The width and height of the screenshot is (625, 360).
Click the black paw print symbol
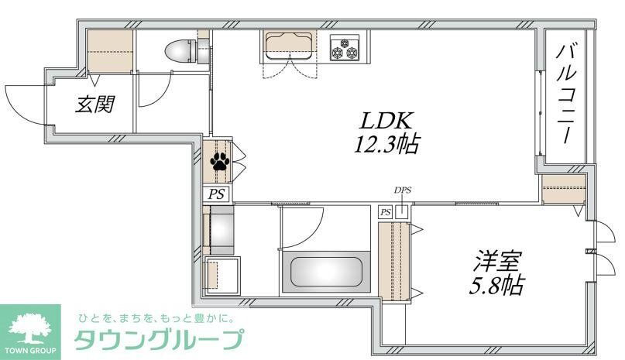coord(220,162)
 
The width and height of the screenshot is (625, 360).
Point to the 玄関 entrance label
coord(94,104)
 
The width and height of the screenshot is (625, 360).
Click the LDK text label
coord(385,121)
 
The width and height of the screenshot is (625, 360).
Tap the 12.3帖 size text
coord(386,144)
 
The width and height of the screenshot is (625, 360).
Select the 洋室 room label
coord(496,261)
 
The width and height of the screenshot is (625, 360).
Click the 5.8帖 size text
coord(496,285)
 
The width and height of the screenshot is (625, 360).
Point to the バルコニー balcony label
coord(566,94)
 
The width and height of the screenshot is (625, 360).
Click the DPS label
coord(403,190)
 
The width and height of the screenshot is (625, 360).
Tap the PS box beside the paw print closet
coord(217,194)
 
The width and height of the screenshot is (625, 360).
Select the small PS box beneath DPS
coord(386,212)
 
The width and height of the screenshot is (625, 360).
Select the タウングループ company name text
coord(159,340)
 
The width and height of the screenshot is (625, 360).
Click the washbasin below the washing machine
coord(222,275)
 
